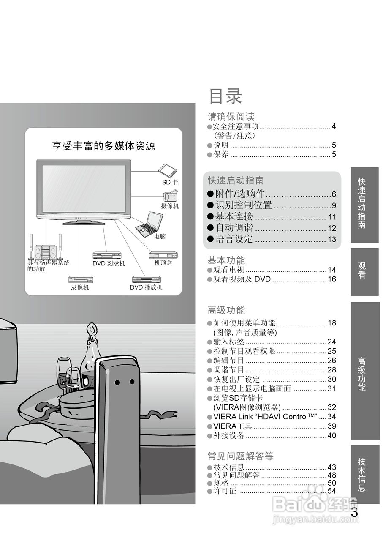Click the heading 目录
pos(225,96)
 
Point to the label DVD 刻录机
pos(109,263)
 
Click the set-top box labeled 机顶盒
pos(163,263)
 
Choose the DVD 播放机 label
pos(146,287)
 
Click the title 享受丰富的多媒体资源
pos(103,146)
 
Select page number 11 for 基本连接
pos(332,217)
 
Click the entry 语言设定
pos(234,239)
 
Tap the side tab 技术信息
pos(362,474)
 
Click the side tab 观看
pos(362,270)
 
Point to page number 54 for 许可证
pos(332,491)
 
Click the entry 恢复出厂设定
pos(236,380)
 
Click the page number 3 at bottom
pos(354,513)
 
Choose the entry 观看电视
pos(228,270)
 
